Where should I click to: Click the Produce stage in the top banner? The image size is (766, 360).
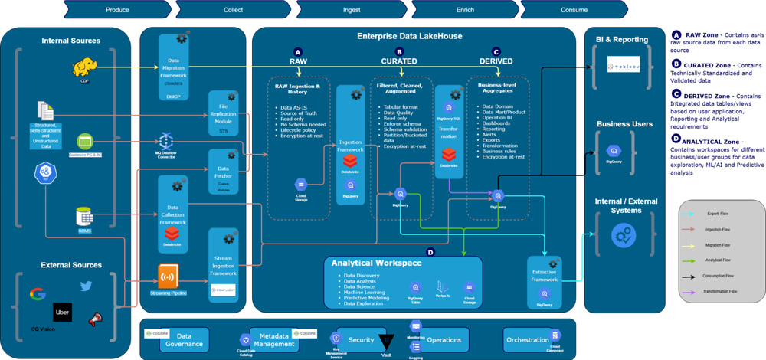117,9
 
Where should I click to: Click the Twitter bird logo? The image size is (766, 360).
86,285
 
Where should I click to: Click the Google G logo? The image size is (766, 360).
36,294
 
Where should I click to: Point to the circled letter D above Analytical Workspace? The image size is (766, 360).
430,251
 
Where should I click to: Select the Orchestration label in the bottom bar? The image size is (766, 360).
527,339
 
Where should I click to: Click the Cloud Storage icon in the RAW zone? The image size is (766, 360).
301,185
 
